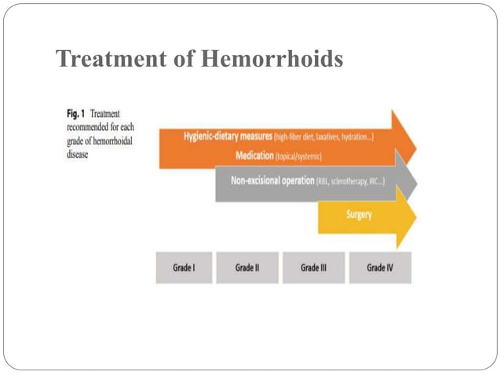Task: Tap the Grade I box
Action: click(x=184, y=268)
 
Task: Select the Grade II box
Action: click(x=247, y=268)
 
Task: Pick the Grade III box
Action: click(x=313, y=268)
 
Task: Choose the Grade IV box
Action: click(x=379, y=268)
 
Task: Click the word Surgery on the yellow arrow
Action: click(x=359, y=213)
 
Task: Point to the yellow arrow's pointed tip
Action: click(x=415, y=217)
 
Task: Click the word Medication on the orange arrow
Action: click(x=254, y=156)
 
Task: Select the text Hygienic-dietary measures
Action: click(x=228, y=137)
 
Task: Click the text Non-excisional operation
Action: click(x=272, y=181)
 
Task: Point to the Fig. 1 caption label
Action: click(x=76, y=115)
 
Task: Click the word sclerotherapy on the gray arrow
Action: click(x=349, y=182)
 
